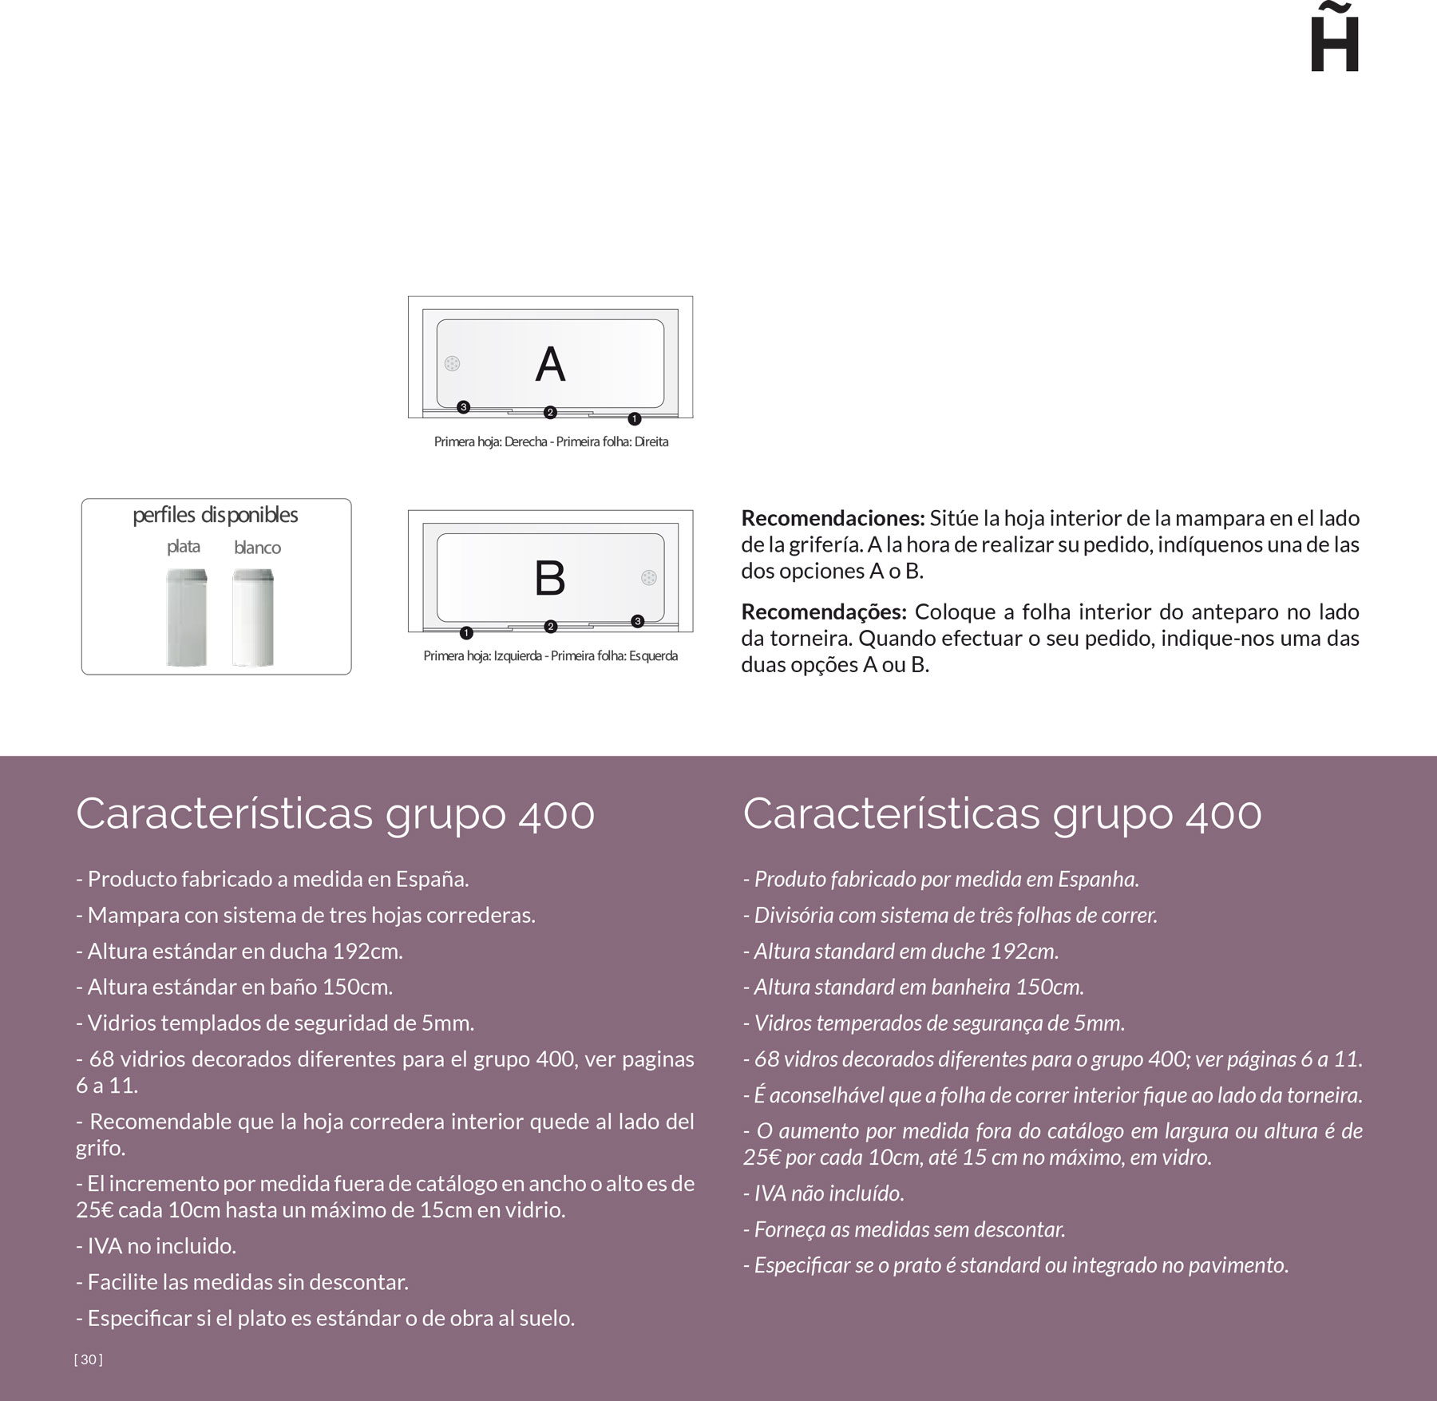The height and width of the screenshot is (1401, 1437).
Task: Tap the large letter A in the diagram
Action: (x=550, y=365)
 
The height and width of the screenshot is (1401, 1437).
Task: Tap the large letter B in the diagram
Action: (x=550, y=578)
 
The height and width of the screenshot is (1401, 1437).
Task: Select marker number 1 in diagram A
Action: (x=635, y=418)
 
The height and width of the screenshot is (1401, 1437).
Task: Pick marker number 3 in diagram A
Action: (x=463, y=407)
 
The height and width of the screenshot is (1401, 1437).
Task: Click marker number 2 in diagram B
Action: (x=550, y=627)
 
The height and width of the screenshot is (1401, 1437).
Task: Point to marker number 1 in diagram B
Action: (x=467, y=633)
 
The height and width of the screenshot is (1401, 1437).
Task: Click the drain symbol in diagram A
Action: (x=453, y=364)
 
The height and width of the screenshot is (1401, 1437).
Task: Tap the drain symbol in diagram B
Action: (x=648, y=577)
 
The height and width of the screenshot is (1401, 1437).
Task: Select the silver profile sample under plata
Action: (x=187, y=617)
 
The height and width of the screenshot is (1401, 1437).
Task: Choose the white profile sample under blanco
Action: (x=253, y=617)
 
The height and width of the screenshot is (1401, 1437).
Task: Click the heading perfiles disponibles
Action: (x=216, y=515)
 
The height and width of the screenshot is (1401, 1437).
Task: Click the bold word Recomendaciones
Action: (x=833, y=518)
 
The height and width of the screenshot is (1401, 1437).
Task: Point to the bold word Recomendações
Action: (x=824, y=612)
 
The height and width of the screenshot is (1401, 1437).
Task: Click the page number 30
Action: (x=89, y=1359)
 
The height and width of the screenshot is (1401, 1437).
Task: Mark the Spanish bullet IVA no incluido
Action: (x=156, y=1245)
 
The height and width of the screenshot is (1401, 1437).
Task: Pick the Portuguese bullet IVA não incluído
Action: (x=824, y=1193)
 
